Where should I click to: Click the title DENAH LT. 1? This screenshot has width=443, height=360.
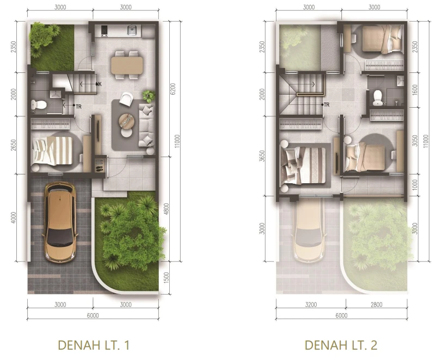[x=94, y=345]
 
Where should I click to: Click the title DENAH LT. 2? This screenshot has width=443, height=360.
[x=341, y=345]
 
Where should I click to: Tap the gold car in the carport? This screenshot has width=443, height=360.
[x=60, y=222]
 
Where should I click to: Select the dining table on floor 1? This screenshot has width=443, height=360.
[x=127, y=65]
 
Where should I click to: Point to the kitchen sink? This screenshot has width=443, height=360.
[x=132, y=30]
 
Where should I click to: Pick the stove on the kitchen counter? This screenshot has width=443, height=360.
[x=104, y=31]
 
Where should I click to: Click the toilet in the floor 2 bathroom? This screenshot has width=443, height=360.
[x=377, y=97]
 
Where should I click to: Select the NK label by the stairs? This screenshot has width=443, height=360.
[x=99, y=84]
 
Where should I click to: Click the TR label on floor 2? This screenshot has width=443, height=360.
[x=327, y=105]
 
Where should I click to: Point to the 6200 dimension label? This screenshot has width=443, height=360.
[x=173, y=89]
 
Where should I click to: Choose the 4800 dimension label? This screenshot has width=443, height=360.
[x=167, y=209]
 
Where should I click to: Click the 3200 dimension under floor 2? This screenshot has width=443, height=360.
[x=311, y=305]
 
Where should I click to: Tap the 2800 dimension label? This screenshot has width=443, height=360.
[x=376, y=305]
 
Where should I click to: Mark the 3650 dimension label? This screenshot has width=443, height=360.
[x=262, y=156]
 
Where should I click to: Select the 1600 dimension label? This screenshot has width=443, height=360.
[x=415, y=90]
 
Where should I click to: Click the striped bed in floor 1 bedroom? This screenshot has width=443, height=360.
[x=52, y=151]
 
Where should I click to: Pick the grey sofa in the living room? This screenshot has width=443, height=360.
[x=146, y=125]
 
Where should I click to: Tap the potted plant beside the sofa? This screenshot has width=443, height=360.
[x=149, y=96]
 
